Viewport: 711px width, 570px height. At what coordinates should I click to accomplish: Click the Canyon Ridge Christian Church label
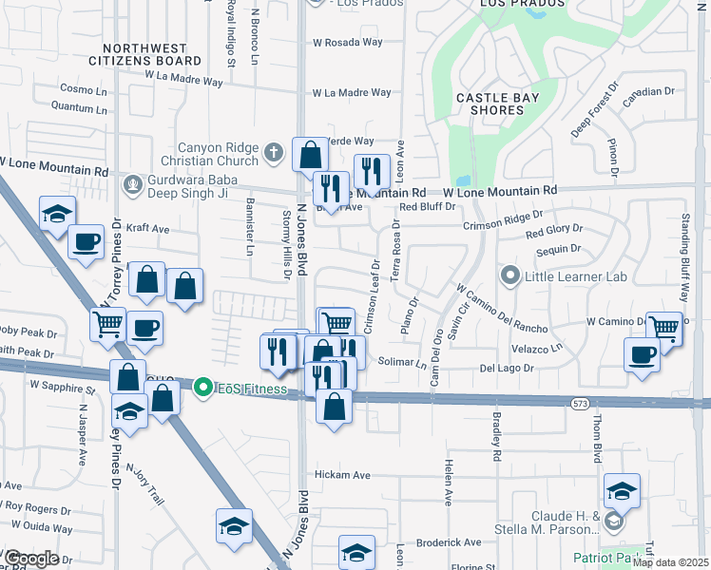point(216,154)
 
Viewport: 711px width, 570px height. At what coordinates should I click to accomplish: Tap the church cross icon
point(274,152)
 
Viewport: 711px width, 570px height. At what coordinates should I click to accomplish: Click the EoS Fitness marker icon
point(202,388)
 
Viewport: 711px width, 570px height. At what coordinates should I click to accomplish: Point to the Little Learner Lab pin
point(510,277)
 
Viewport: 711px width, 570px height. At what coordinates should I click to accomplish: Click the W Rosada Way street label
point(348,43)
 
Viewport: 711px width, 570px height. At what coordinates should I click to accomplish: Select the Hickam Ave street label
point(341,475)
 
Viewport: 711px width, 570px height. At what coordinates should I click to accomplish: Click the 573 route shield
point(581,404)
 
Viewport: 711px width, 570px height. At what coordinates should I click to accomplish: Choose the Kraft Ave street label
point(147,229)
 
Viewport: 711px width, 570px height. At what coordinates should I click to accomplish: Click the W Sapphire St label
point(64,387)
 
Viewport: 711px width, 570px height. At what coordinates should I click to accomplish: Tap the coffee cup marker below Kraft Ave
point(86,241)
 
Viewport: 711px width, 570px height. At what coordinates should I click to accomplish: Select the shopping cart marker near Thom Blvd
point(664,328)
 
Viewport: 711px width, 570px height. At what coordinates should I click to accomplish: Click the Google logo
point(32,559)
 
